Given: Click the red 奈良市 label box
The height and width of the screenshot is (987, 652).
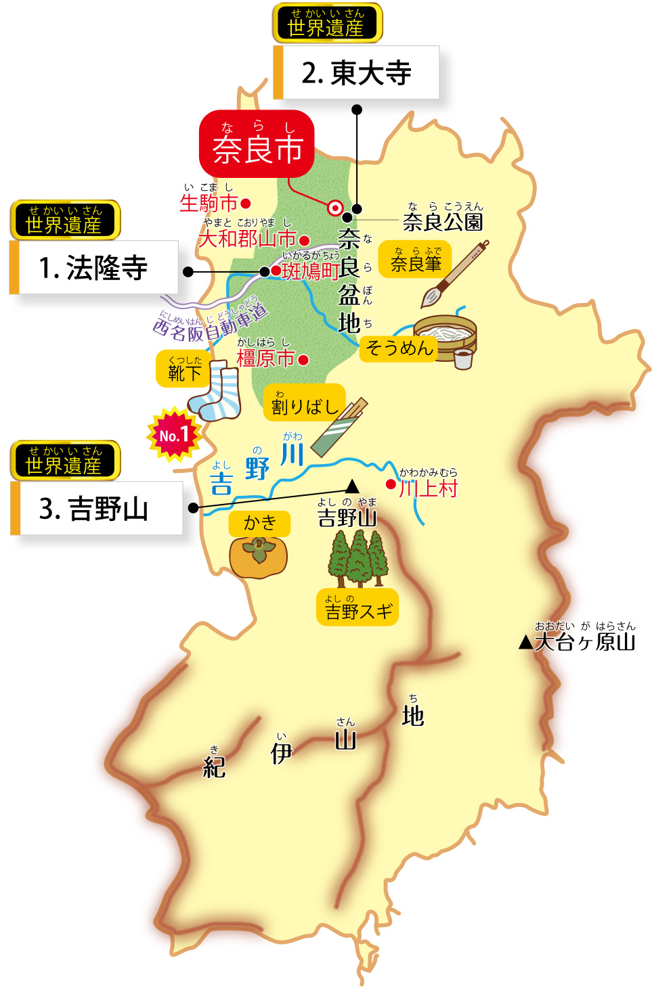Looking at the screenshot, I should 257,143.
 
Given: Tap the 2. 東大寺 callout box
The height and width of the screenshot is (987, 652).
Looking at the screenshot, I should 357,72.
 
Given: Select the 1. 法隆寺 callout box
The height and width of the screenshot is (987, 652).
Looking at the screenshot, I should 94,268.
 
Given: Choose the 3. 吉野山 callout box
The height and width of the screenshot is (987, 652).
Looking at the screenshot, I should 97,509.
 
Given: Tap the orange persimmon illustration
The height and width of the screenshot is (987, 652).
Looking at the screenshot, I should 258,556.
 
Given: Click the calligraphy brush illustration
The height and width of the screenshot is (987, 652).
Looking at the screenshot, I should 454,275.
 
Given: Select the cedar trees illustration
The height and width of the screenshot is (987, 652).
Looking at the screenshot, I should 358,557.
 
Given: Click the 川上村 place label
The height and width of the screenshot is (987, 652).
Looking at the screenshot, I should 429,488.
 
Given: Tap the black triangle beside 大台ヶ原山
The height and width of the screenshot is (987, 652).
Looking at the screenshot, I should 526,643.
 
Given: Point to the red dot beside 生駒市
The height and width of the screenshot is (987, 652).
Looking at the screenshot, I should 246,203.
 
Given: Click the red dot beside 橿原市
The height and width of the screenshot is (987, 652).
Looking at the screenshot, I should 303,360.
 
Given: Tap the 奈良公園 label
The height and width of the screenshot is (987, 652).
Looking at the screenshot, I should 443,221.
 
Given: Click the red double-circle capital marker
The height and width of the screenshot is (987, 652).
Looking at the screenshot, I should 334,208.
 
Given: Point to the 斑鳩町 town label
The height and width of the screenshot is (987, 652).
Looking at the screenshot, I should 310,271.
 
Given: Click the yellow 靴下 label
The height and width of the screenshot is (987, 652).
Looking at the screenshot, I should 183,369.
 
